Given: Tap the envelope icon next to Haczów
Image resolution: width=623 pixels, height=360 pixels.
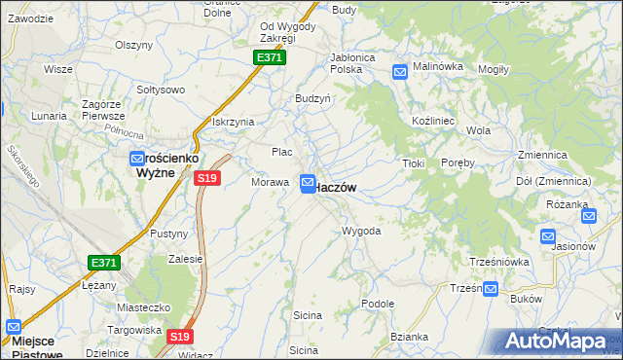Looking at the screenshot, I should coord(308,183).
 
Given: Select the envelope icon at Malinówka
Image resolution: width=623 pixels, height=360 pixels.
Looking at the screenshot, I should coord(399,71).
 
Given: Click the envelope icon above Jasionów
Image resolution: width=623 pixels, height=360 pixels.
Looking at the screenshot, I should coord(547,234).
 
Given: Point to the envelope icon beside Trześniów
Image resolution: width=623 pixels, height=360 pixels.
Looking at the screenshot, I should coord(491,289).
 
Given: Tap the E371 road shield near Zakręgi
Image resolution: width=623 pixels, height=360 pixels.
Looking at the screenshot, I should coord(270,58).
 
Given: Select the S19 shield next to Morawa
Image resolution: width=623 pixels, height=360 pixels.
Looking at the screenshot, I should coord(206,178).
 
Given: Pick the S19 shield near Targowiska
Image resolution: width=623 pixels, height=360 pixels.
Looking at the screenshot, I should coord(177,336).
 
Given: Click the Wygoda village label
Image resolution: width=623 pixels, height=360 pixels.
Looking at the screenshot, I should coord(360,232).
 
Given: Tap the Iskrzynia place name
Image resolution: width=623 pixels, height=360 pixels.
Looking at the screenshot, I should coord(233,122).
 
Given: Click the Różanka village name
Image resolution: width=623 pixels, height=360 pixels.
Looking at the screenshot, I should coord(569,204).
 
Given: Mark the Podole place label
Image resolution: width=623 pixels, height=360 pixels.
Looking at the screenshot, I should coord(377,304).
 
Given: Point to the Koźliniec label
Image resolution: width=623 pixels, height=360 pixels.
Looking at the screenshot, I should coord(429,118).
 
